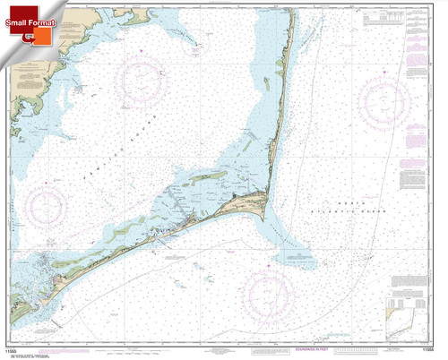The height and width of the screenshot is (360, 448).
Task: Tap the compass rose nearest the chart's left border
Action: pos(42,209)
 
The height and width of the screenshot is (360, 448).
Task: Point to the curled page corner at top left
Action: pos(7,7)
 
